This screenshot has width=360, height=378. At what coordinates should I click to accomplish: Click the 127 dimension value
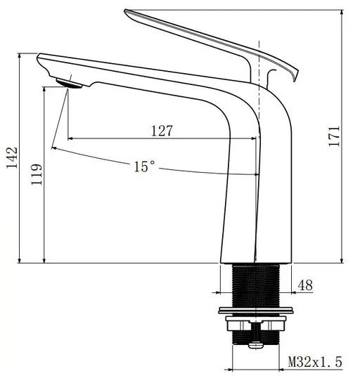pos(161,131)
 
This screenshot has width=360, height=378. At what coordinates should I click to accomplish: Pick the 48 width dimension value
pos(307,286)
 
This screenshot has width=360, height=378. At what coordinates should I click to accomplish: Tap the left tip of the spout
pos(40,60)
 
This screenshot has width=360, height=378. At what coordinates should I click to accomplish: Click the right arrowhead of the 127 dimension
pos(255,138)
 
